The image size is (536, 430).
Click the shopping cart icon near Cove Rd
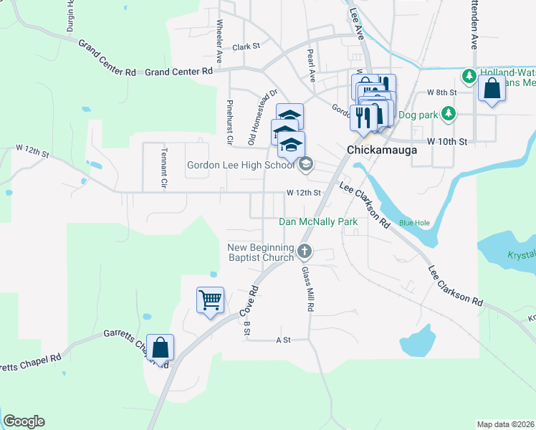pyautogui.click(x=211, y=300)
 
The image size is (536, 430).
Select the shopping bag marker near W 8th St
pyautogui.click(x=492, y=90)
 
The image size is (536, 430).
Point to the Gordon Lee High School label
pyautogui.click(x=241, y=166)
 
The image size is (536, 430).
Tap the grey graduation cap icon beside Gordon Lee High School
pyautogui.click(x=305, y=165)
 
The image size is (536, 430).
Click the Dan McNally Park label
pyautogui.click(x=318, y=222)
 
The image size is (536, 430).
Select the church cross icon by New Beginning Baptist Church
pyautogui.click(x=305, y=251)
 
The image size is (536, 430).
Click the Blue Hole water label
pyautogui.click(x=414, y=223)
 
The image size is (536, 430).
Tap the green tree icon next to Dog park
pyautogui.click(x=449, y=113)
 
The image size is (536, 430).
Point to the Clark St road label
pyautogui.click(x=245, y=47)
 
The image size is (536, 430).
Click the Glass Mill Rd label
pyautogui.click(x=308, y=289)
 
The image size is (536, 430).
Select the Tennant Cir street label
pyautogui.click(x=163, y=174)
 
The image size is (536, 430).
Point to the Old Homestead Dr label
pyautogui.click(x=262, y=118)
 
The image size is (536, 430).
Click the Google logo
pyautogui.click(x=24, y=421)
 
